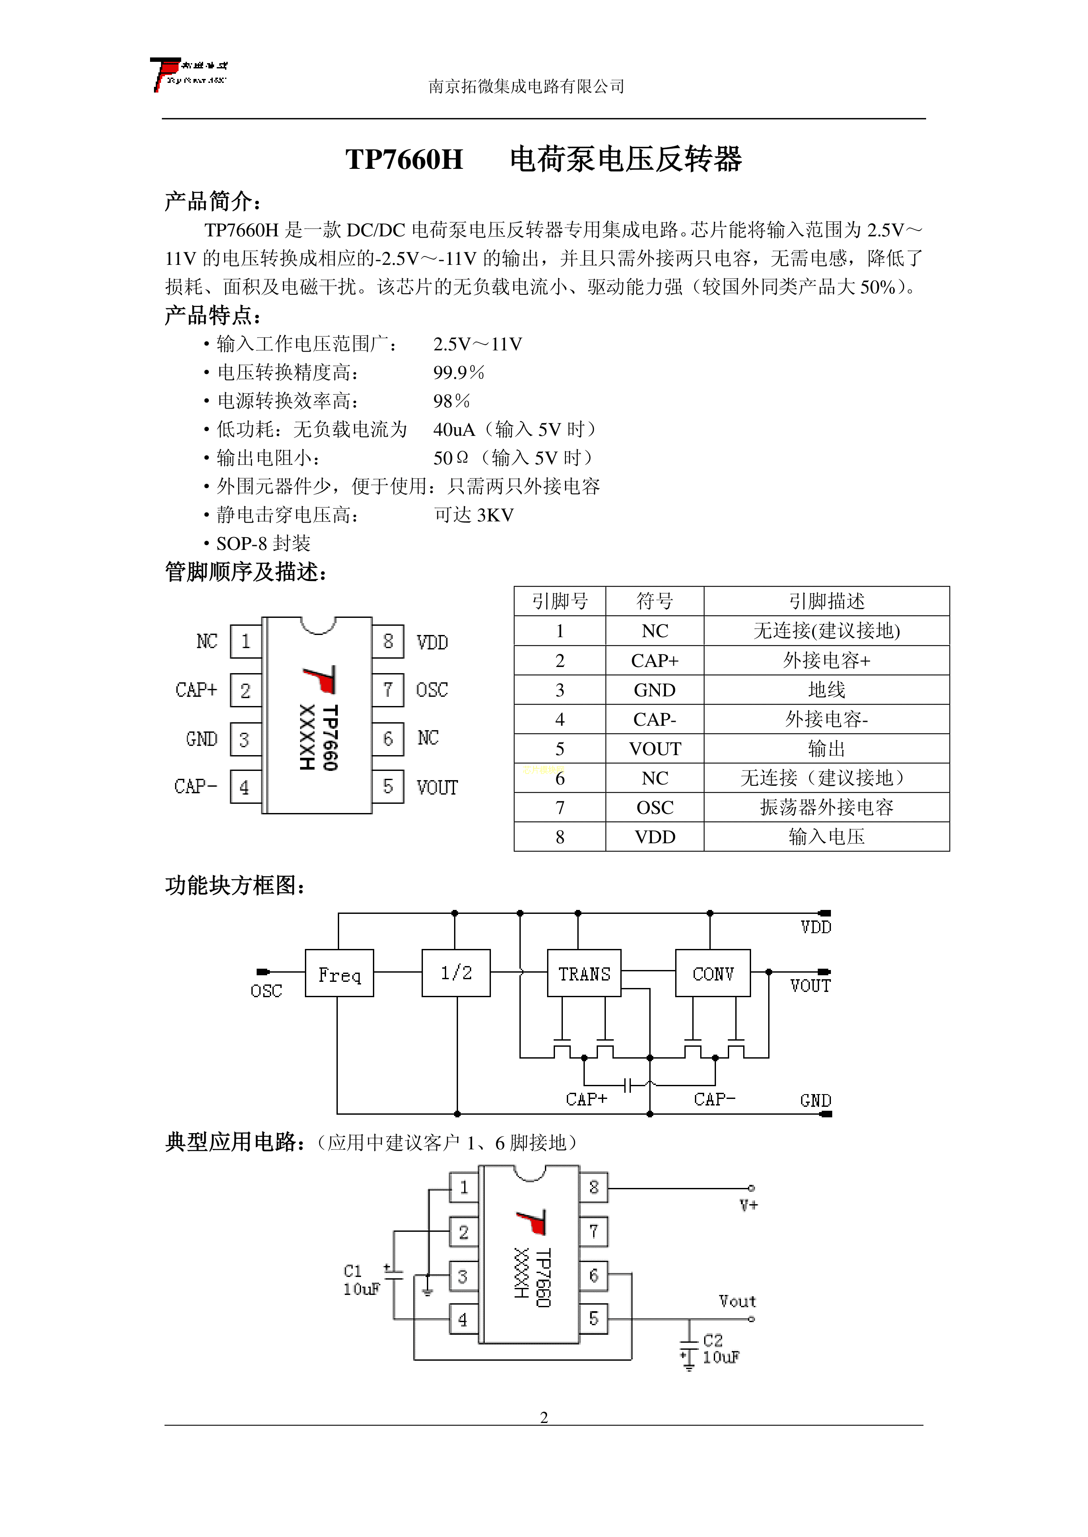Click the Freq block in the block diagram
pos(339,973)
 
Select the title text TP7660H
pos(404,159)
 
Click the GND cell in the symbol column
pos(655,690)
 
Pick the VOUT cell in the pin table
pos(655,749)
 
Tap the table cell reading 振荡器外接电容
pos(826,808)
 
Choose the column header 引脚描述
pos(826,601)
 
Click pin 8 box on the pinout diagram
pos(388,641)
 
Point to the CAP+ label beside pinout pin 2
pos(196,690)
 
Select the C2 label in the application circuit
pos(713,1340)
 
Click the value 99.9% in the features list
pos(458,372)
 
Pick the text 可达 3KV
pos(474,515)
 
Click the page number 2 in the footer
pos(544,1417)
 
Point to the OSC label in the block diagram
pos(266,991)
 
